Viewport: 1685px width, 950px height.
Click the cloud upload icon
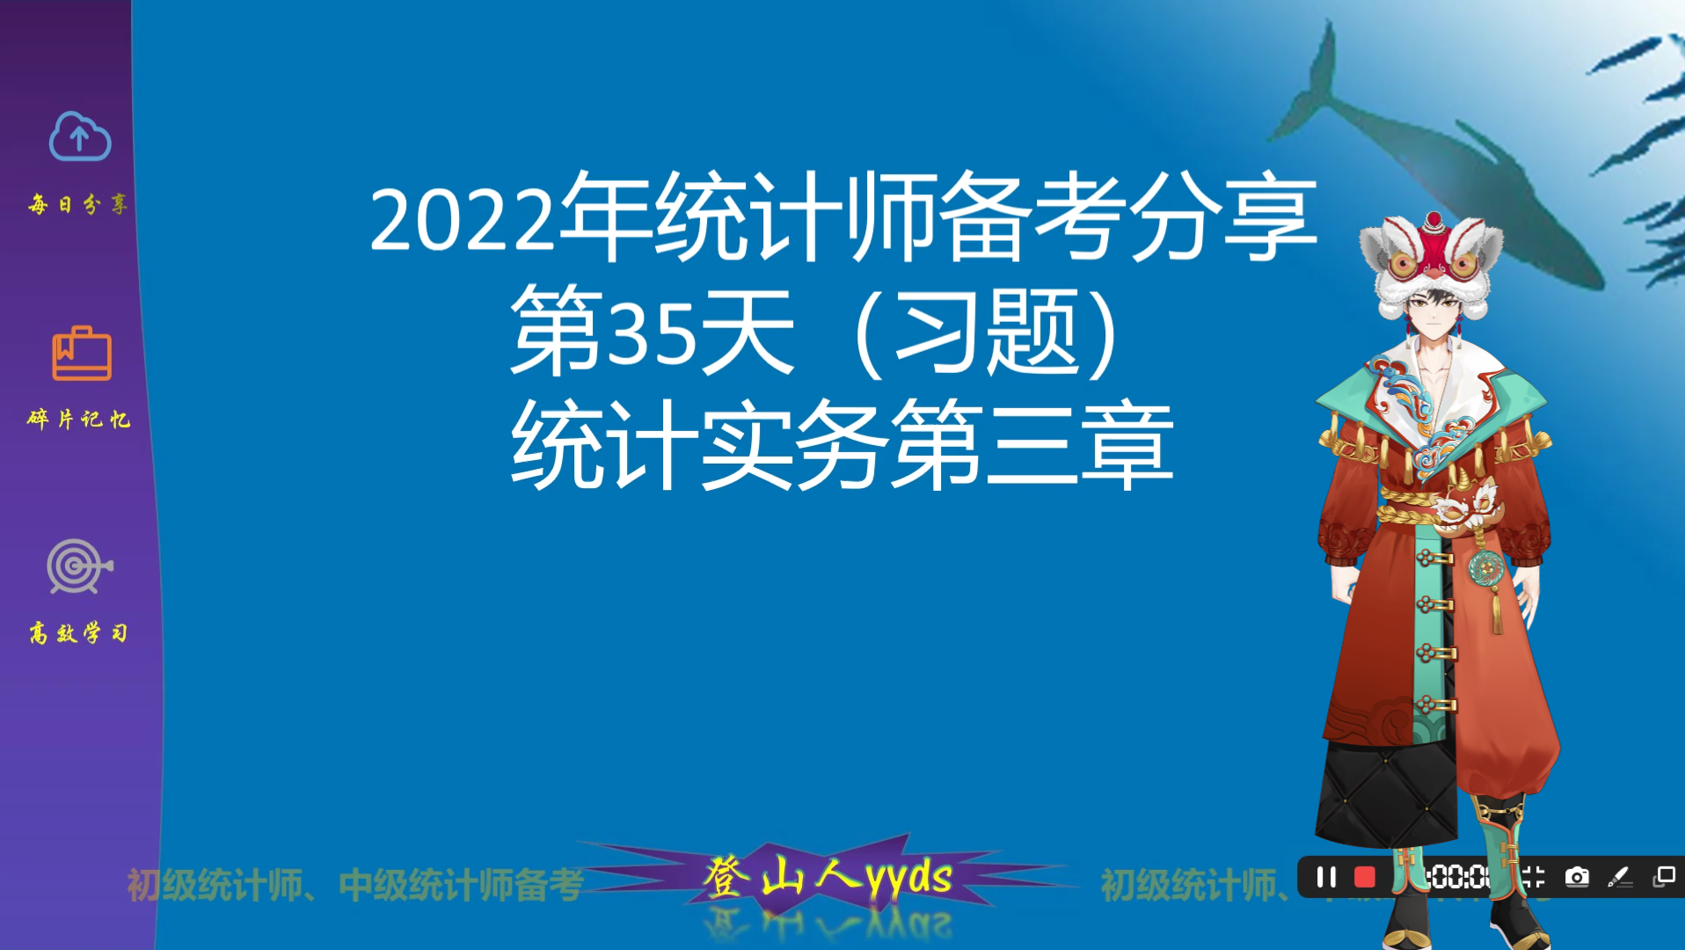point(79,137)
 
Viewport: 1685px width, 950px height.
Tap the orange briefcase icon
point(81,354)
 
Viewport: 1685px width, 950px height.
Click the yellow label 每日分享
point(78,205)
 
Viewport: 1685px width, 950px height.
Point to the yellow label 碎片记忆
point(78,419)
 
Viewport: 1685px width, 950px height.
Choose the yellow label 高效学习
point(78,632)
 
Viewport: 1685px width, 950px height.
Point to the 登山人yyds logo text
point(827,877)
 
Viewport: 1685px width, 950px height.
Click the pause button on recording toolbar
point(1326,877)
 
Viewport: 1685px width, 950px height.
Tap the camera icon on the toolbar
point(1577,877)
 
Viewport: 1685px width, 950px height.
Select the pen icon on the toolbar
point(1618,877)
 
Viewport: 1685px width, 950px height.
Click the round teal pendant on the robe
point(1486,567)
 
